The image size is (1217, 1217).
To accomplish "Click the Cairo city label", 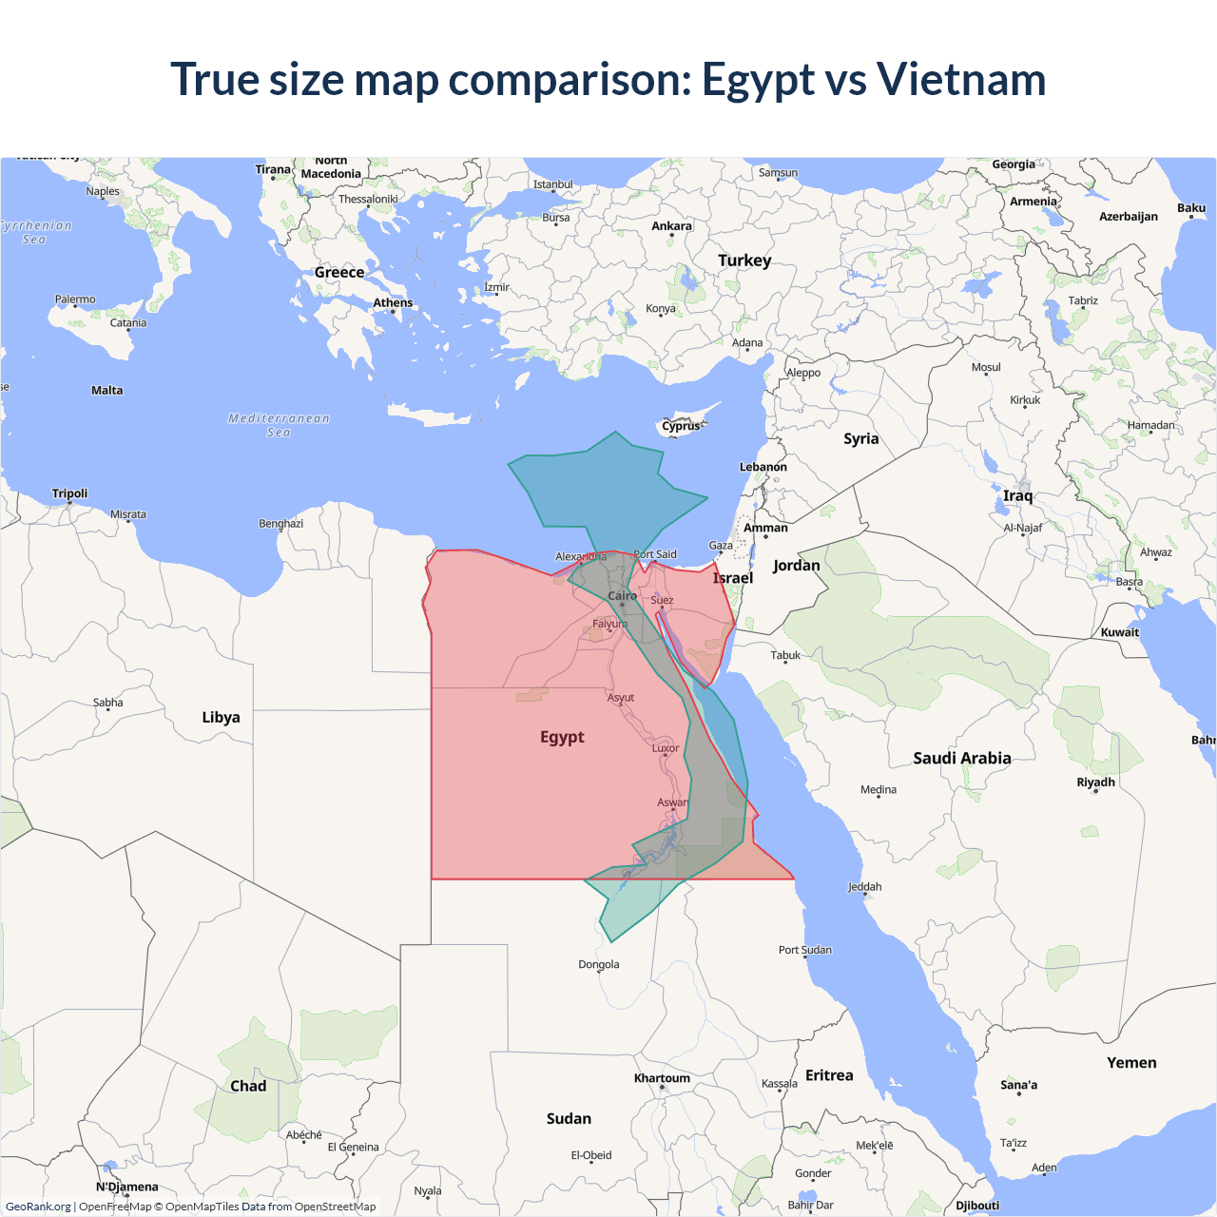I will coord(622,596).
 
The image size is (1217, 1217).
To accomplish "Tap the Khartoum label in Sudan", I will coord(662,1078).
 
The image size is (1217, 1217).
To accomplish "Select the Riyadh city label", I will coord(1095,782).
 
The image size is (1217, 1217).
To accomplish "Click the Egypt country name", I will coord(562,737).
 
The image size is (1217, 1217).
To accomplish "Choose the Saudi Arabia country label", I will coord(961,758).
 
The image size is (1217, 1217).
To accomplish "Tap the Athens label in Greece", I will coord(393,303).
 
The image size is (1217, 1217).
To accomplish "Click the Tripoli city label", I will coord(69,493).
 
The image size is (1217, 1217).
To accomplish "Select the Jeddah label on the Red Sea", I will coord(864,887).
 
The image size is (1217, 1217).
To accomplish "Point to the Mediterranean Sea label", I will coord(279,425).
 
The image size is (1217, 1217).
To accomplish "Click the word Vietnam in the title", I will coord(960,79).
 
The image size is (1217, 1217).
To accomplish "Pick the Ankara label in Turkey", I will coord(671,226).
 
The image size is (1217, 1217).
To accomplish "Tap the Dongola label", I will coord(599,964).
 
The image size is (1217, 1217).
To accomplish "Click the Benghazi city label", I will coord(280,524).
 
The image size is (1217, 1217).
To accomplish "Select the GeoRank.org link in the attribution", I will coord(38,1207).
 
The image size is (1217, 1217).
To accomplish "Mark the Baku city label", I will coord(1190,208).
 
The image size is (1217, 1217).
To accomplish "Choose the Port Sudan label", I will coord(804,950).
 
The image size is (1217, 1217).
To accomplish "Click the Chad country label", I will coord(248,1086).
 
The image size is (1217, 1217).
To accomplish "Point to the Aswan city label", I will coord(672,802).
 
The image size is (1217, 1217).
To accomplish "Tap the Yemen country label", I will coord(1131,1063).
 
